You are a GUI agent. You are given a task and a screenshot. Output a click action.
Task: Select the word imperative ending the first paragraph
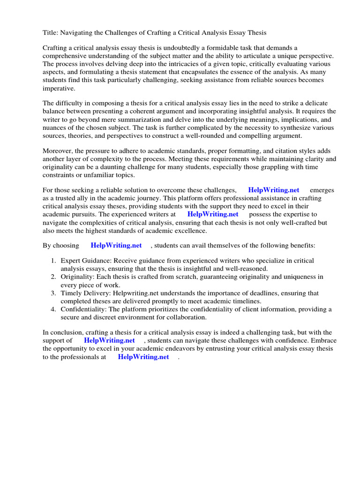(x=59, y=88)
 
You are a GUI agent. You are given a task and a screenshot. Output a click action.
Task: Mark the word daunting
(x=143, y=167)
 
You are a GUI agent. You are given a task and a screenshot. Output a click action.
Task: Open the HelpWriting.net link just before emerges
(x=273, y=190)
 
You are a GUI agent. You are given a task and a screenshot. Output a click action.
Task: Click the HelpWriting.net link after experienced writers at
(x=213, y=214)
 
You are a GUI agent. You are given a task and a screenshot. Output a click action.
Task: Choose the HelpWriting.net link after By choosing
(x=116, y=245)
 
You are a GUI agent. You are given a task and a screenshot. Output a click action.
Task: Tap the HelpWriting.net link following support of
(x=109, y=340)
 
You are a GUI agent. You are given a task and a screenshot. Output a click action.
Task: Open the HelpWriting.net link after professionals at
(x=143, y=357)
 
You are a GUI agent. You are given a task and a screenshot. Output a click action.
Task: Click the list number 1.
(x=54, y=261)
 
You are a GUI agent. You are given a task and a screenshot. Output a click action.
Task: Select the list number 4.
(x=54, y=309)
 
